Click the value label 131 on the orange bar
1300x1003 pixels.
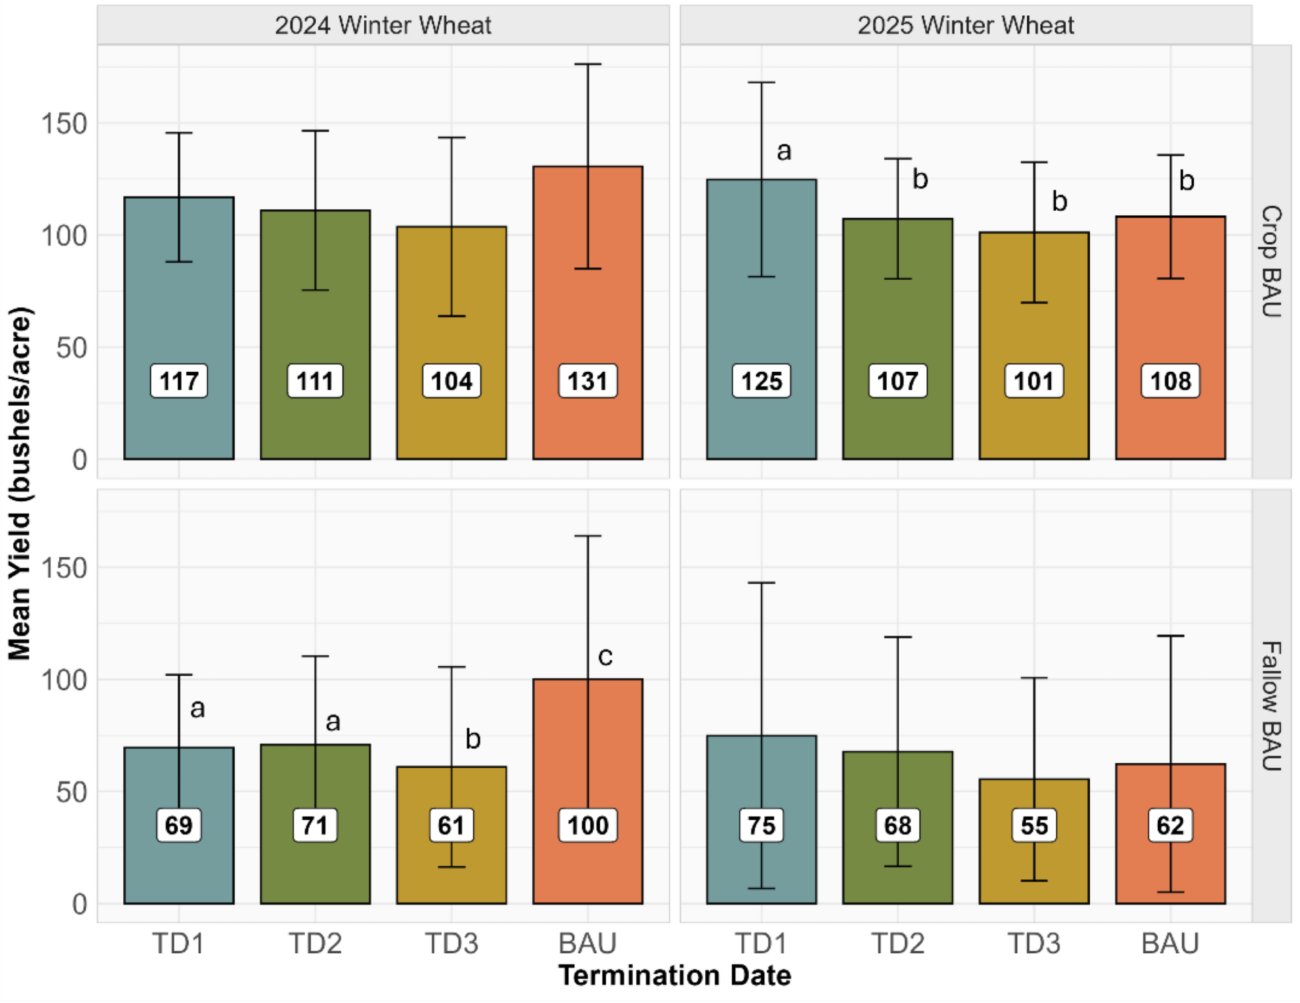pos(588,381)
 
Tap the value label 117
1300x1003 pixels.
pos(179,381)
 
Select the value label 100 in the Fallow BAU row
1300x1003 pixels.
pos(588,825)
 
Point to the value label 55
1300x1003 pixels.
pos(1034,825)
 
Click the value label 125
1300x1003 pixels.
pos(761,381)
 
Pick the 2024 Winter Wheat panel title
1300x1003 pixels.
pos(383,25)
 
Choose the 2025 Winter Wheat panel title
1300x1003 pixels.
pos(965,25)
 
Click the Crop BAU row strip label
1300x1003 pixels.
pos(1272,262)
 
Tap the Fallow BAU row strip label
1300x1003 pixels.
pos(1272,706)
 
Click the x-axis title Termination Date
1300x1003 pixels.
pos(674,976)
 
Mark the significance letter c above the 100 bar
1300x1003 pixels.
pos(605,656)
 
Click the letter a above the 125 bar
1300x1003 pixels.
pos(784,151)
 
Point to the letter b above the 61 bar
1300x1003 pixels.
pos(473,739)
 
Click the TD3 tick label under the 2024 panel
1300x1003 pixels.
pos(451,944)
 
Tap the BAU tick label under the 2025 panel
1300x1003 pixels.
pos(1170,944)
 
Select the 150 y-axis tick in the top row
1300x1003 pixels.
pos(63,124)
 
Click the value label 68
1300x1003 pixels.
pos(898,825)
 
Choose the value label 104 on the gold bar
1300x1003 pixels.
pos(451,381)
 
